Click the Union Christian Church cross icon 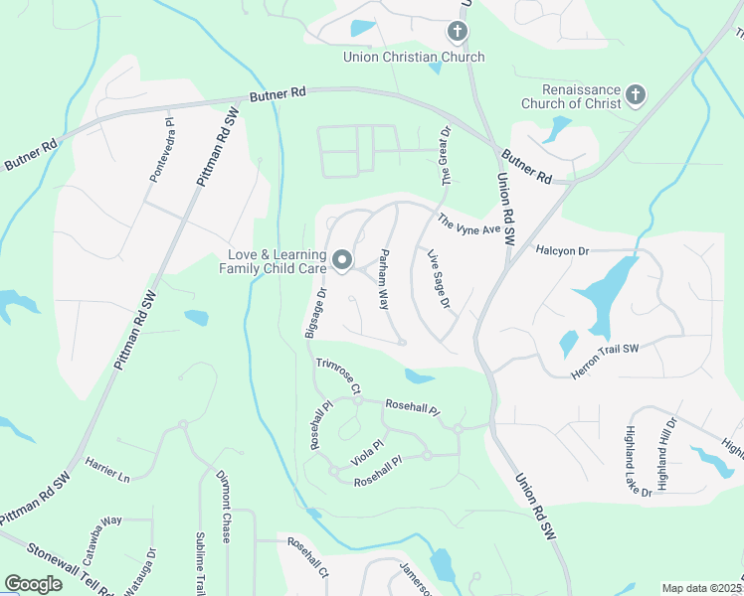pos(457,32)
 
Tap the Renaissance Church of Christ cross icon pos(636,96)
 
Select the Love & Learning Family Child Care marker pos(342,261)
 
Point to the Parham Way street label pos(383,281)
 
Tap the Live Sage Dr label pos(439,280)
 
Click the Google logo pos(33,584)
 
